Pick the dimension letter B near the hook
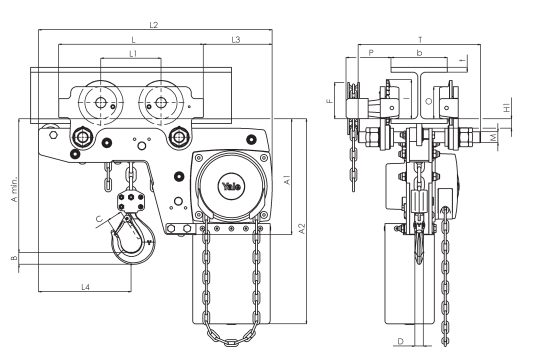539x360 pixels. click(x=13, y=258)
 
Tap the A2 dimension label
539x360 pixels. click(x=301, y=228)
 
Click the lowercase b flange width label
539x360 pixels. click(x=419, y=50)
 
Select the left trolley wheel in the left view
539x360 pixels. click(x=100, y=101)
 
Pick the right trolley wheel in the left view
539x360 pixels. click(x=157, y=101)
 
